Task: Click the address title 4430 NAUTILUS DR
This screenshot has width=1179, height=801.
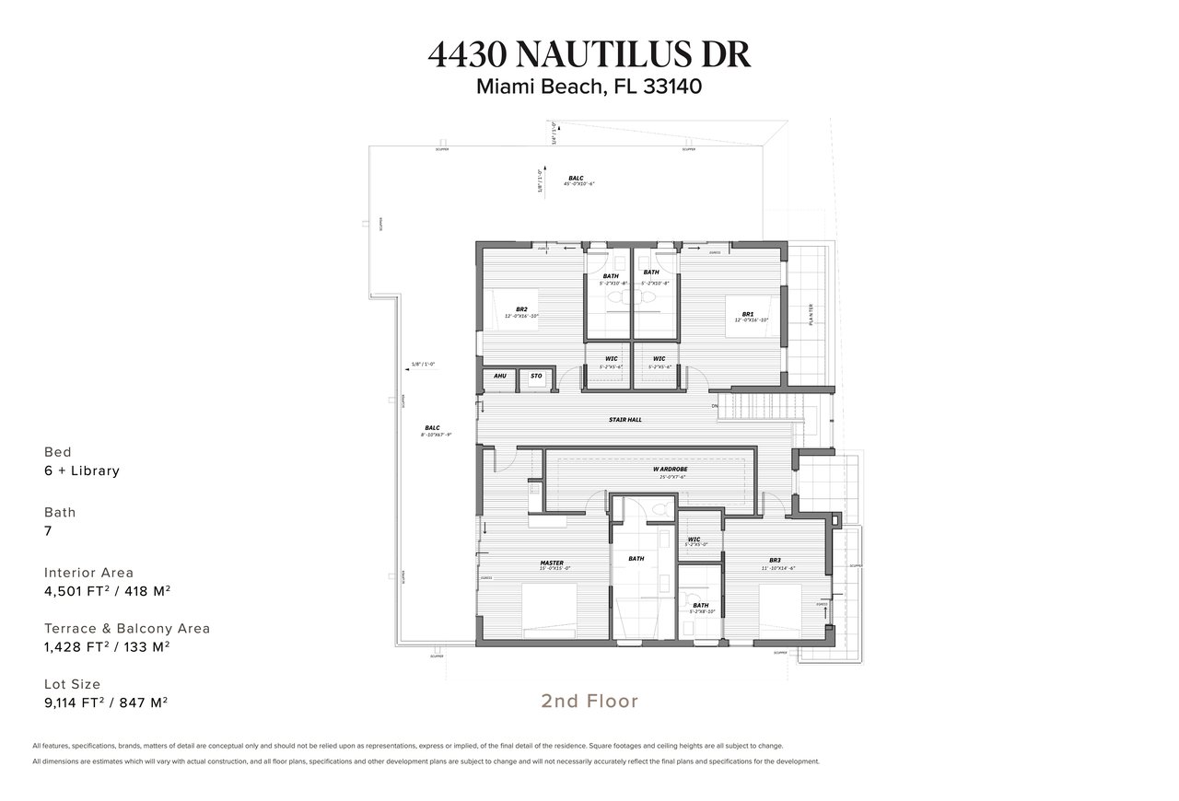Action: [589, 54]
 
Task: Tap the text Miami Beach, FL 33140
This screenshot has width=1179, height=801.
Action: [589, 87]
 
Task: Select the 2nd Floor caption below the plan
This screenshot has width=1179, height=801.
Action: [589, 702]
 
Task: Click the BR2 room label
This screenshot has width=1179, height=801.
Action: [521, 309]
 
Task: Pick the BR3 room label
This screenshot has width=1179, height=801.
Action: [775, 561]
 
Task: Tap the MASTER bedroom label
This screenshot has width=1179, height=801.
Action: [552, 563]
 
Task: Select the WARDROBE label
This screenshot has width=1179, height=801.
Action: [671, 469]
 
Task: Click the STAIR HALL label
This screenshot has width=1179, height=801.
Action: [625, 420]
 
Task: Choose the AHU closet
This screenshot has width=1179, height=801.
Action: [500, 377]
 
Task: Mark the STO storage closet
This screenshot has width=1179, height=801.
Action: [536, 377]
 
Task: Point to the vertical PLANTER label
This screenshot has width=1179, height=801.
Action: [811, 315]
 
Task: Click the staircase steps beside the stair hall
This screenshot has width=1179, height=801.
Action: [766, 405]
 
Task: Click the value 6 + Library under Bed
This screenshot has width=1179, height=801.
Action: [82, 471]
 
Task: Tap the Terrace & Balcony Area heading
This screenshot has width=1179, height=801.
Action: [127, 629]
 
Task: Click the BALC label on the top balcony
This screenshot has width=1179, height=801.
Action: [576, 178]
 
